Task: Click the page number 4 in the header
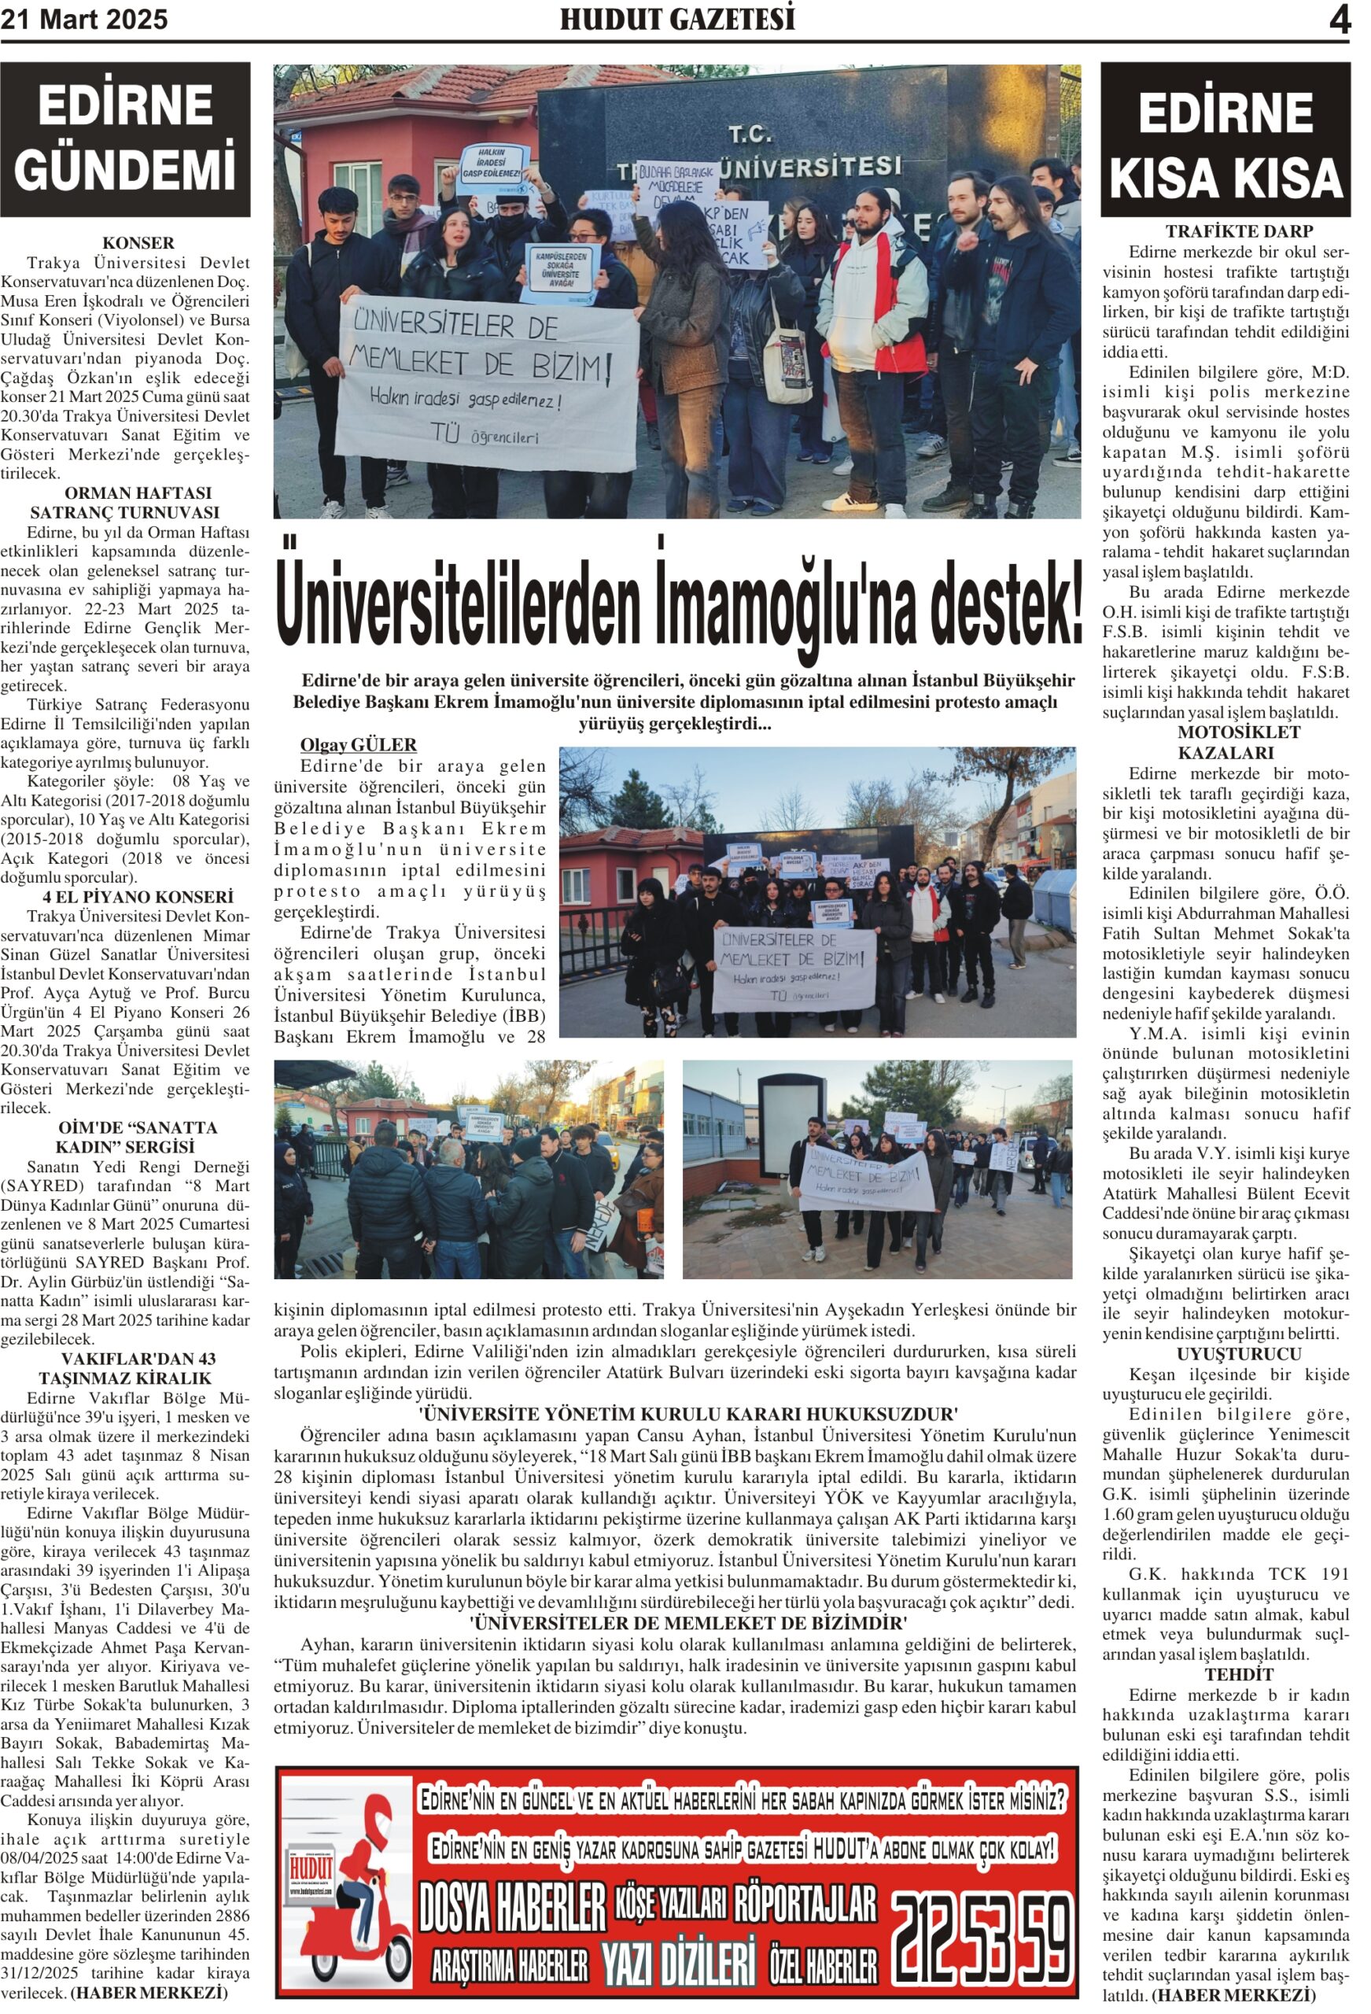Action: coord(1339,20)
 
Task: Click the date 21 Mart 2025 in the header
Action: coord(84,20)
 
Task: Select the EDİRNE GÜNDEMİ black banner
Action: coord(125,138)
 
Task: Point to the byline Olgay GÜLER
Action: coord(358,744)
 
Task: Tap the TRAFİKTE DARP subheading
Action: coord(1225,231)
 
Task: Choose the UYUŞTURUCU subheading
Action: coord(1225,1354)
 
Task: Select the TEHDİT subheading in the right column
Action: coord(1225,1674)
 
